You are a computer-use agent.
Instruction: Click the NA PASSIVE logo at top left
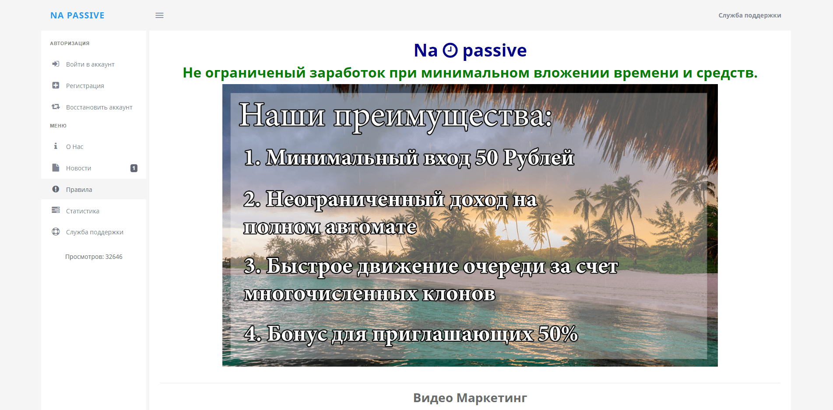point(77,15)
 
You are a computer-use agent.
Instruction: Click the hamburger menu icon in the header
point(159,15)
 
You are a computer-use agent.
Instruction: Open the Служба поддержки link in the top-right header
point(749,15)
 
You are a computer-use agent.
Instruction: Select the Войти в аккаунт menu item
point(90,64)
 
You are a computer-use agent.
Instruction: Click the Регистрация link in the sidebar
point(85,86)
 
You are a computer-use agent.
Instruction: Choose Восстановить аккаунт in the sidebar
point(99,107)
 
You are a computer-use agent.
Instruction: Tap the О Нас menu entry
point(74,147)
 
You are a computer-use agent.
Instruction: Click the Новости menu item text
point(79,168)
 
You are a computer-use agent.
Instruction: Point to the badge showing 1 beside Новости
point(134,168)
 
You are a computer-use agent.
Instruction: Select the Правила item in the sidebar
point(79,190)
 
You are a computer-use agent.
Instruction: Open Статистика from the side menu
point(83,211)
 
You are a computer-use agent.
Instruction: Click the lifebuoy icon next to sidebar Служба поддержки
point(56,232)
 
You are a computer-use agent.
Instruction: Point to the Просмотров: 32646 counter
point(94,257)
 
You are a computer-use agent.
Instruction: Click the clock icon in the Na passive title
point(450,50)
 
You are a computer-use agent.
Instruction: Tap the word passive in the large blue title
point(495,51)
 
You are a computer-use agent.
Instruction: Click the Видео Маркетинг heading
point(470,398)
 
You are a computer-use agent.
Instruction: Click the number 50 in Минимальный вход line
point(487,158)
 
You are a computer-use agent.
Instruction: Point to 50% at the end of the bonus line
point(558,334)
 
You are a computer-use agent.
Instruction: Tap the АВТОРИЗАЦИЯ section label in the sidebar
point(70,43)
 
